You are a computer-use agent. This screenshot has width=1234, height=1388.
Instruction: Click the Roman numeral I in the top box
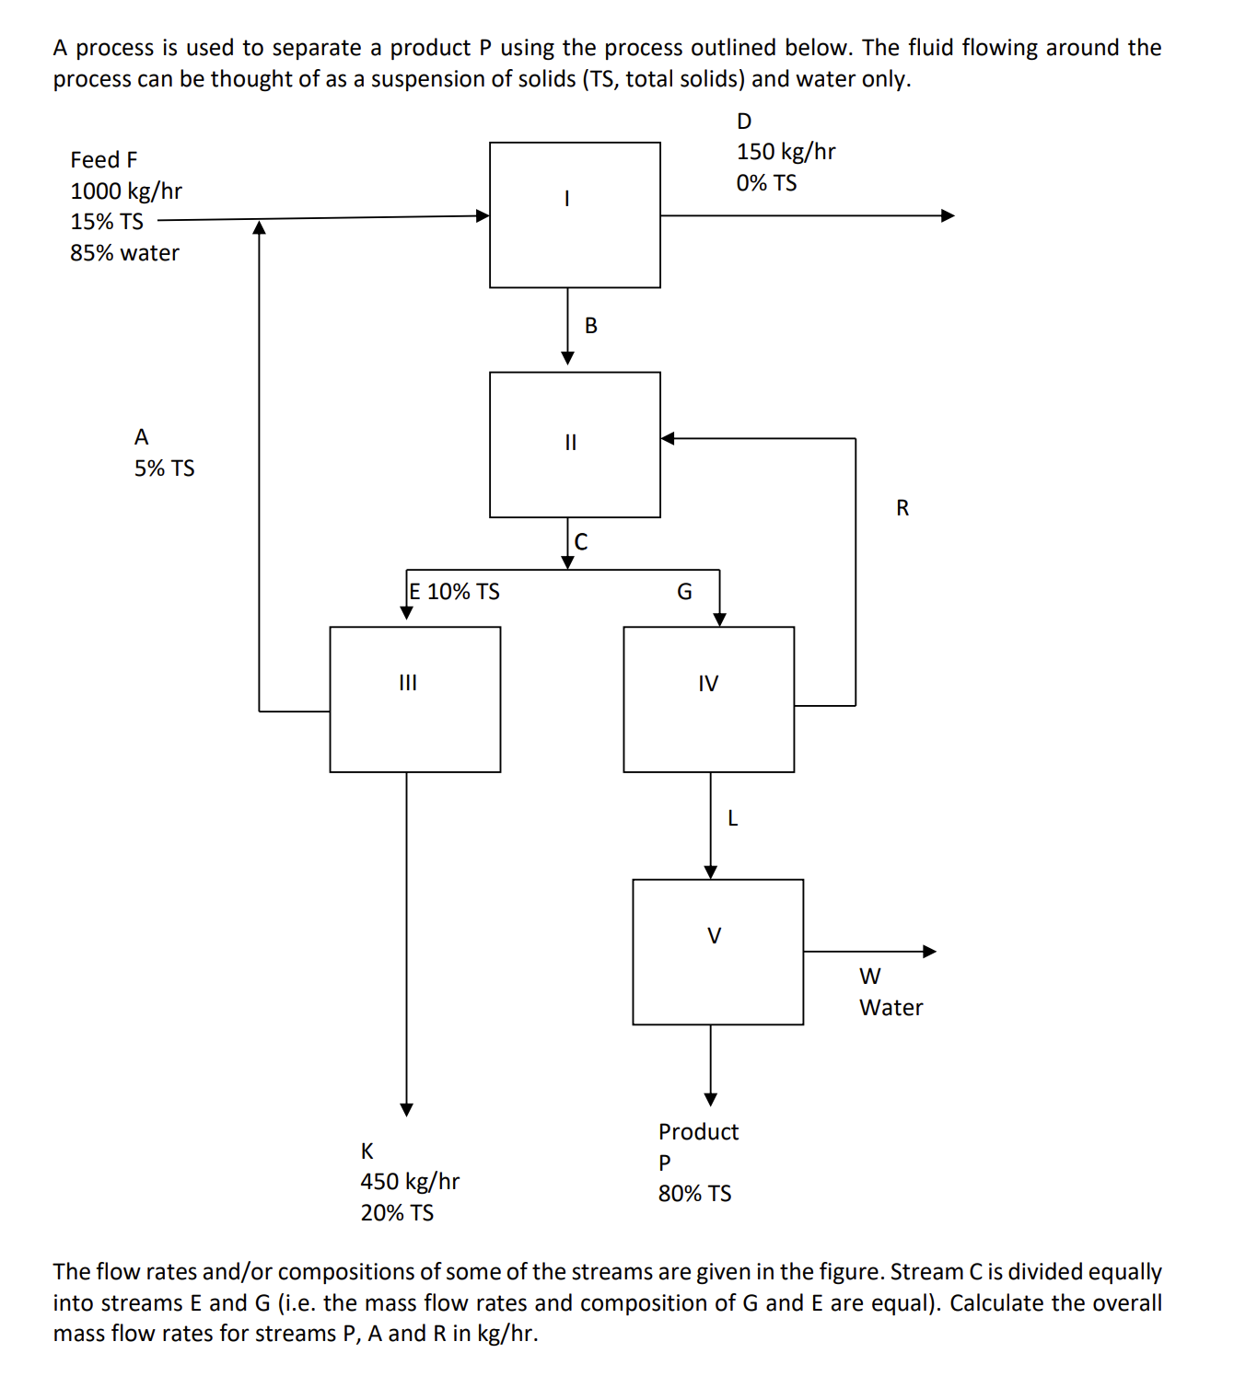[x=567, y=198]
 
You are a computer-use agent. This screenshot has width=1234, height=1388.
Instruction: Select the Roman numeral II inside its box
[x=570, y=443]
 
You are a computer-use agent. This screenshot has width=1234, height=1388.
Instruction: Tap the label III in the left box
[x=408, y=683]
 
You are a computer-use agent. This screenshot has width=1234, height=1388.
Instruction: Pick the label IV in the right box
[x=707, y=684]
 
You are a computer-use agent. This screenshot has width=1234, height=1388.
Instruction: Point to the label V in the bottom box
[x=714, y=936]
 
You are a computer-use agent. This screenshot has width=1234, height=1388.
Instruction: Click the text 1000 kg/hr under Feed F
[x=126, y=191]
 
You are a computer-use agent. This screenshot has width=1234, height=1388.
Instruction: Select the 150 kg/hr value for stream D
[x=786, y=152]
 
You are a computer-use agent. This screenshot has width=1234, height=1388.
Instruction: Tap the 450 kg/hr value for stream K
[x=410, y=1182]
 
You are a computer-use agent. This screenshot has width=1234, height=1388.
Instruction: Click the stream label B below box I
[x=591, y=326]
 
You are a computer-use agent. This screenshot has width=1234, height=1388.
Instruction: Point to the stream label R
[x=902, y=508]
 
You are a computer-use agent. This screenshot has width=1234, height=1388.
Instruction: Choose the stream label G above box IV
[x=684, y=592]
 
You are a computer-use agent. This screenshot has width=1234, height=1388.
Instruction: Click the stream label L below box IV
[x=733, y=818]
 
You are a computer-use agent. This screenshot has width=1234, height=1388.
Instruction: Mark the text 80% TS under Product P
[x=694, y=1194]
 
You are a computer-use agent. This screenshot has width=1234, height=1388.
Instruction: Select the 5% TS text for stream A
[x=165, y=468]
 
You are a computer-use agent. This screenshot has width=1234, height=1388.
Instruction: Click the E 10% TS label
[x=455, y=592]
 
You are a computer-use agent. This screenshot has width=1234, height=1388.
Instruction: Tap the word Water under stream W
[x=891, y=1008]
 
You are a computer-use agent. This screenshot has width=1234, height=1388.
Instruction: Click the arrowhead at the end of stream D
[x=948, y=215]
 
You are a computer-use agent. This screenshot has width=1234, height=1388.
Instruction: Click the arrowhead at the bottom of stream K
[x=406, y=1109]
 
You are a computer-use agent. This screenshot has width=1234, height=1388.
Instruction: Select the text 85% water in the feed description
[x=124, y=253]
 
